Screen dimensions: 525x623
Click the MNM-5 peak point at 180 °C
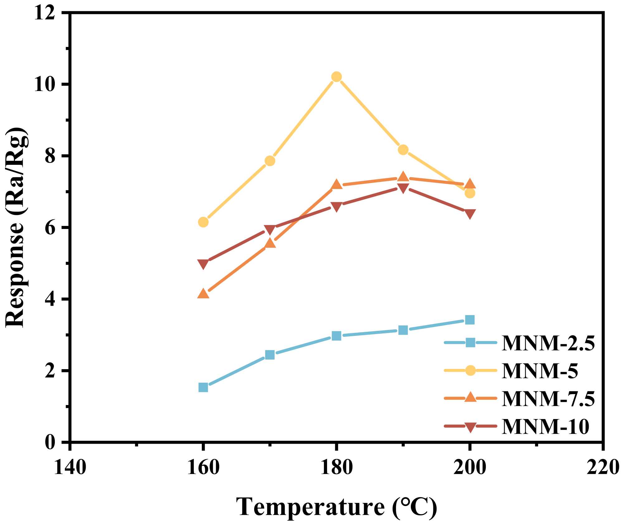click(x=336, y=77)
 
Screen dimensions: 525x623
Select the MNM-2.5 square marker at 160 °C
click(x=203, y=387)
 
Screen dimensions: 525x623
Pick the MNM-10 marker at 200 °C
click(x=470, y=214)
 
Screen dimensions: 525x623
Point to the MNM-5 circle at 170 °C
click(x=270, y=161)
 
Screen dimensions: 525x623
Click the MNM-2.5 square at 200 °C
click(x=470, y=320)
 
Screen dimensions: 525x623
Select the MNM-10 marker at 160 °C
click(x=203, y=264)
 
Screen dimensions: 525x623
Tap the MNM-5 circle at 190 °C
click(x=403, y=150)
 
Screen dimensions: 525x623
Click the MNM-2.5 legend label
click(x=548, y=343)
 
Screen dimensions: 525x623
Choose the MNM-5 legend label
click(x=540, y=371)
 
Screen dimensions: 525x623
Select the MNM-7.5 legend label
click(x=548, y=399)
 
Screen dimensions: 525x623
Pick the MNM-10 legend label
click(x=545, y=426)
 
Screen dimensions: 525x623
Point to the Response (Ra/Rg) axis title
click(x=16, y=227)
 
